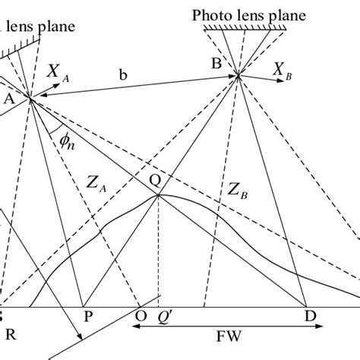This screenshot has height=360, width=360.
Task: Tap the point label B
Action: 216,65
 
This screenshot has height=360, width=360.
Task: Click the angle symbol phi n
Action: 65,141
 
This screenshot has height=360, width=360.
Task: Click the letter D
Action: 309,315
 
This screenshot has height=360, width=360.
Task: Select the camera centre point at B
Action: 238,74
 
